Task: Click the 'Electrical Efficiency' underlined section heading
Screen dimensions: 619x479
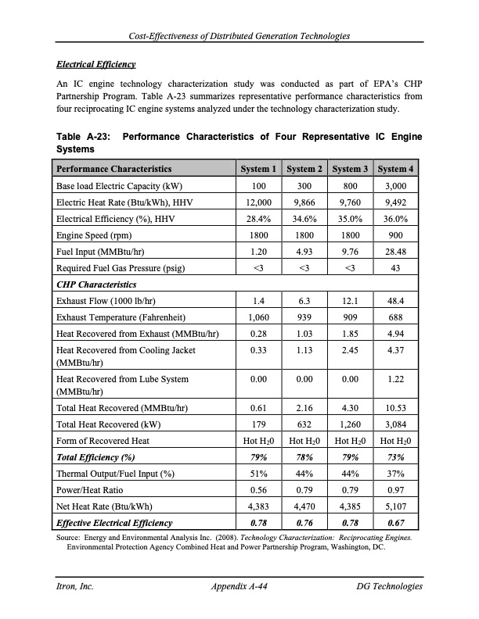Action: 96,63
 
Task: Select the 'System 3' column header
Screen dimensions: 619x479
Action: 351,169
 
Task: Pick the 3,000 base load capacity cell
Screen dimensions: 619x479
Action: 396,187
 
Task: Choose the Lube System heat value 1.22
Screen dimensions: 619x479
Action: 396,379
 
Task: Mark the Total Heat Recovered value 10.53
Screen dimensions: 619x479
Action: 396,408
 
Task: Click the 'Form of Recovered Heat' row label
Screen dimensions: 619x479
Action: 101,441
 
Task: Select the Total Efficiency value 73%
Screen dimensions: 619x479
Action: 396,457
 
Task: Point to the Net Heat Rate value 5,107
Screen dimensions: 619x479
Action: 396,505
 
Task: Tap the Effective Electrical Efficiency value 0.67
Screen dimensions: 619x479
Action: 396,521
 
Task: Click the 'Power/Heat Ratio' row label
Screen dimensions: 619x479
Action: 90,489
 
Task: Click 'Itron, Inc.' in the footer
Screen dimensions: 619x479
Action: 74,585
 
